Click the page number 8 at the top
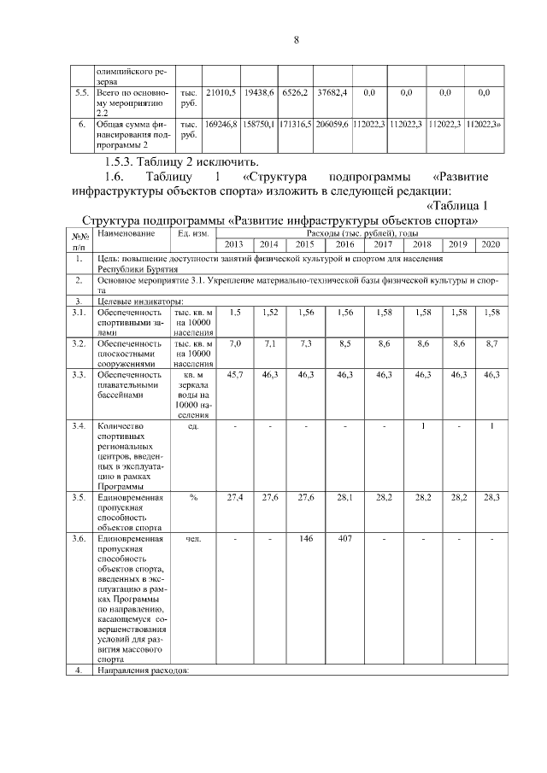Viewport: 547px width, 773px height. click(296, 39)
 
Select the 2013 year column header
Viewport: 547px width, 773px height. click(233, 244)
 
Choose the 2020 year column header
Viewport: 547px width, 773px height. click(490, 244)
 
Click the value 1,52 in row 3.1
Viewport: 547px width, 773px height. click(269, 313)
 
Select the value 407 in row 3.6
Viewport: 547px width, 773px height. click(345, 539)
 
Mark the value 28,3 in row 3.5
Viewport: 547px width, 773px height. click(490, 497)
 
